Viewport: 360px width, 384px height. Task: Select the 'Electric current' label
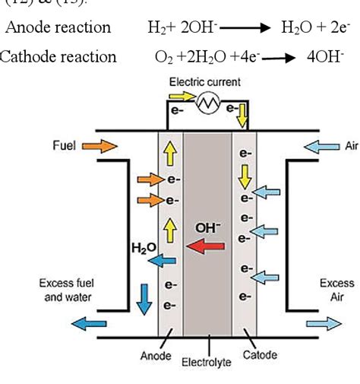point(204,81)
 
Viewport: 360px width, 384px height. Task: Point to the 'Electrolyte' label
point(205,362)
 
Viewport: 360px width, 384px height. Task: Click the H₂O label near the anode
point(141,248)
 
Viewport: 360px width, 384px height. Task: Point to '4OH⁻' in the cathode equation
point(324,56)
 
